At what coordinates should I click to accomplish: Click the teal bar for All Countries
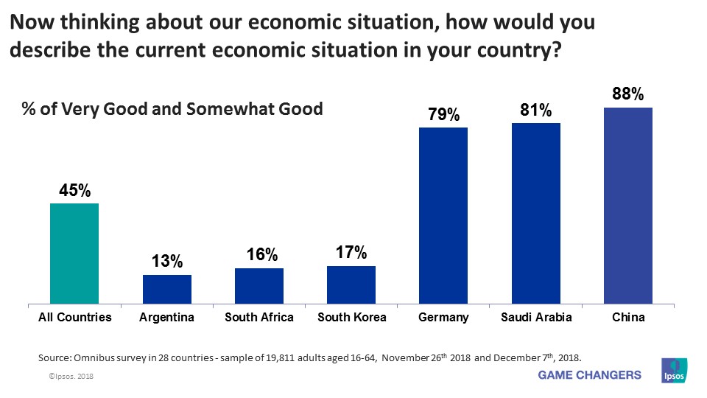click(74, 253)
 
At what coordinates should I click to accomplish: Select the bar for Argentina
click(166, 288)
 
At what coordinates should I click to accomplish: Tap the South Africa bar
click(259, 285)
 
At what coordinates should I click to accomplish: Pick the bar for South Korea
click(351, 284)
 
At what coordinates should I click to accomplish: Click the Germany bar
click(443, 214)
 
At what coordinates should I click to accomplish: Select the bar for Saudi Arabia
click(536, 212)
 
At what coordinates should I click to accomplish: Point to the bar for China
click(628, 205)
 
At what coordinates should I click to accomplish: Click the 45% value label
click(74, 191)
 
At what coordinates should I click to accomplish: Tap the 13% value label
click(167, 262)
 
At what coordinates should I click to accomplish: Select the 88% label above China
click(628, 94)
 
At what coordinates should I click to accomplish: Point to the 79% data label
click(443, 115)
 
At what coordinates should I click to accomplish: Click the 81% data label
click(536, 111)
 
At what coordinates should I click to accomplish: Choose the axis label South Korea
click(351, 318)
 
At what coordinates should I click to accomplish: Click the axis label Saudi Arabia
click(536, 318)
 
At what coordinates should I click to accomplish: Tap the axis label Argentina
click(166, 318)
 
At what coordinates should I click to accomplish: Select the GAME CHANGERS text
click(589, 375)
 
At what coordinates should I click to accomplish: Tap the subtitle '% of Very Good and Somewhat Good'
click(171, 110)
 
